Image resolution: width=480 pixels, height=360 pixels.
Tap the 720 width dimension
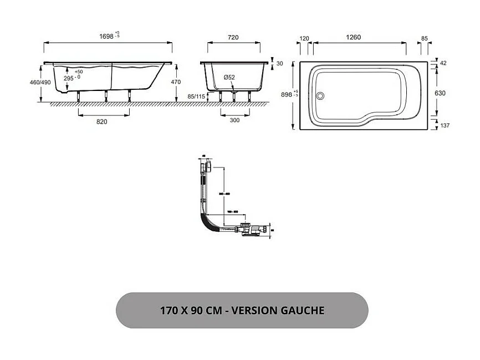(x=233, y=37)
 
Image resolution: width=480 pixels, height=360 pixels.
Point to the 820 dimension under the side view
(x=101, y=121)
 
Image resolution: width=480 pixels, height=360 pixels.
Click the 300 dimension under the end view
(x=234, y=121)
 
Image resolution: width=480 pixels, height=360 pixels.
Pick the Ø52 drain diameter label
(x=229, y=78)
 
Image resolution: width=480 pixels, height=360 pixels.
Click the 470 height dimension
(x=176, y=82)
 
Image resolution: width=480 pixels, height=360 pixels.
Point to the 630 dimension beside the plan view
(x=440, y=93)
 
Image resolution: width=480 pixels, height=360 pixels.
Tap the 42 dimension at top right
(x=443, y=64)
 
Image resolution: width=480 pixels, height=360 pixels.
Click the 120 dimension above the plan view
(x=304, y=38)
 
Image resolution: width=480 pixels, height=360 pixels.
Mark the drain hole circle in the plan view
(x=319, y=95)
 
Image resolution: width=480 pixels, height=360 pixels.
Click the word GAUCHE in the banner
(x=302, y=310)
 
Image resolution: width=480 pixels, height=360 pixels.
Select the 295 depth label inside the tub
(x=69, y=78)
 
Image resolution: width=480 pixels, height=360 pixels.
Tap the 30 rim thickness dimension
(x=279, y=64)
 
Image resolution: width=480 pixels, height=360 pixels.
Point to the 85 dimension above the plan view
(x=424, y=38)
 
